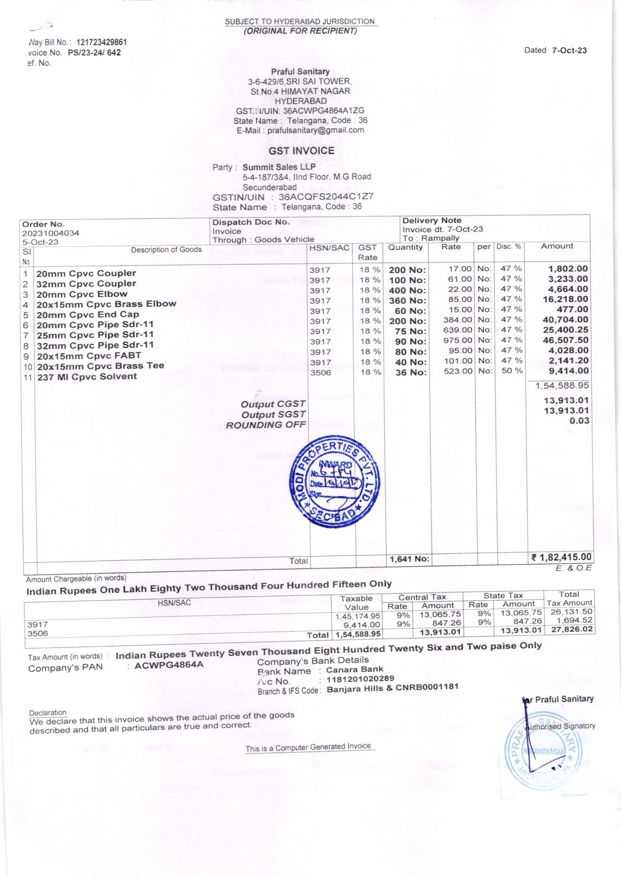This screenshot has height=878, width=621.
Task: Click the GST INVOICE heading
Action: [x=301, y=151]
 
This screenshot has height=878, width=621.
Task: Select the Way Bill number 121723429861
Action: [x=101, y=42]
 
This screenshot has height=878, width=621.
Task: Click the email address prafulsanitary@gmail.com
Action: [x=315, y=130]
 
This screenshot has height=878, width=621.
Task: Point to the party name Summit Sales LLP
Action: [x=279, y=167]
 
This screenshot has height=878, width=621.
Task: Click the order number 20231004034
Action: [x=50, y=233]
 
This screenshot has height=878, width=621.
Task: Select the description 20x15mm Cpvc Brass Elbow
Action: [x=106, y=305]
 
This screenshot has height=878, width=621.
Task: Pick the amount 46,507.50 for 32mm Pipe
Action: [x=565, y=340]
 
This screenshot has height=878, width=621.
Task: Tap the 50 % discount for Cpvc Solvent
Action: [x=512, y=371]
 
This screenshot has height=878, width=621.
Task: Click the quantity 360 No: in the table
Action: [x=407, y=300]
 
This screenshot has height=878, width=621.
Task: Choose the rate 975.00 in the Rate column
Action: [x=458, y=340]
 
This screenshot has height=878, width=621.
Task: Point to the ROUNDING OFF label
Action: [x=266, y=425]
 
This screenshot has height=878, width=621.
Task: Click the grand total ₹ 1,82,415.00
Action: [x=561, y=557]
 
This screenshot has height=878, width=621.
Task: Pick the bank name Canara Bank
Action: [x=354, y=669]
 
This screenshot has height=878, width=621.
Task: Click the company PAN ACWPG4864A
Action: [x=169, y=665]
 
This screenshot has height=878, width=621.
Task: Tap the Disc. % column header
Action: [x=509, y=247]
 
